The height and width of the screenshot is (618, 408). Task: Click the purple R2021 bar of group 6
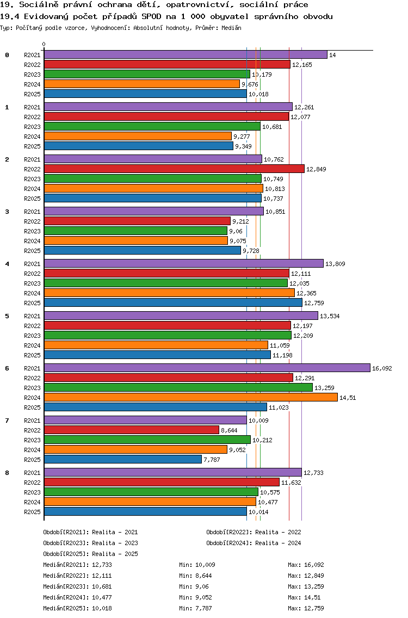point(207,368)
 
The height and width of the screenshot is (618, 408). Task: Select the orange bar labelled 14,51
point(190,397)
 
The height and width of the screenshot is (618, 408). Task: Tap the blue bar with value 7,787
point(122,459)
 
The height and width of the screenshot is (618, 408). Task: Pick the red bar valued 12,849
point(174,169)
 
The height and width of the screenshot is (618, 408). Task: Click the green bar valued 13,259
point(178,387)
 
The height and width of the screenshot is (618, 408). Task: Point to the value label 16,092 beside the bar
point(381,368)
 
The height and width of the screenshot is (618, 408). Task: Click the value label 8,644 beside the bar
point(229,430)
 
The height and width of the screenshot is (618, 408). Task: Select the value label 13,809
point(335,264)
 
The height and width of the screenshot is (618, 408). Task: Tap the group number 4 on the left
point(7,264)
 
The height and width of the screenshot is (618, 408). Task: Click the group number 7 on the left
point(7,421)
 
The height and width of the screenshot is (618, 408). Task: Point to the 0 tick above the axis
point(44,45)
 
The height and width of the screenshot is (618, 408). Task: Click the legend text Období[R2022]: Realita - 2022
point(254,532)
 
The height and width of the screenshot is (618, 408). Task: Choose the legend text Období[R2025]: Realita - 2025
point(90,554)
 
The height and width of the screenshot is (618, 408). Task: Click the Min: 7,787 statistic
point(197,608)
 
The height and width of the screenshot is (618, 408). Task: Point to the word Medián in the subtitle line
point(231,27)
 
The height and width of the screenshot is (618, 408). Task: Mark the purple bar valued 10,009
point(145,420)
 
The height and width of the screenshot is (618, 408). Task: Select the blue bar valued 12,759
point(173,302)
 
